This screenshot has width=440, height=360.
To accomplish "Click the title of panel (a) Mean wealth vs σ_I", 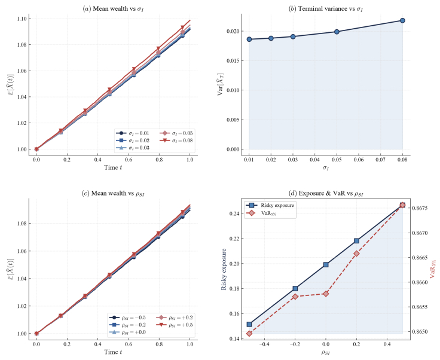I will [112, 8].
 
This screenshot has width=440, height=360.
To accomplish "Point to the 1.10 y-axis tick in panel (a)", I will [20, 19].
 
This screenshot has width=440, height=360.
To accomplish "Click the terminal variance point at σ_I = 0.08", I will [402, 20].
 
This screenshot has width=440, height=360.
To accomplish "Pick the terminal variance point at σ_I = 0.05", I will [337, 32].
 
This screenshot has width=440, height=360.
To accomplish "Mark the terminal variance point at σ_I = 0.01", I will [249, 39].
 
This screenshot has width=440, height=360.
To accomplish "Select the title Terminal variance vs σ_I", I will [325, 8].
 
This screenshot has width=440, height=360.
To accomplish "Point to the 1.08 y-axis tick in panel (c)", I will [20, 223].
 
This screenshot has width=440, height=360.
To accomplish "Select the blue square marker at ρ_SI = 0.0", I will [326, 264].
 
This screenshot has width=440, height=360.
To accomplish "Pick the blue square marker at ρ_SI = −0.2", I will [295, 288].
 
